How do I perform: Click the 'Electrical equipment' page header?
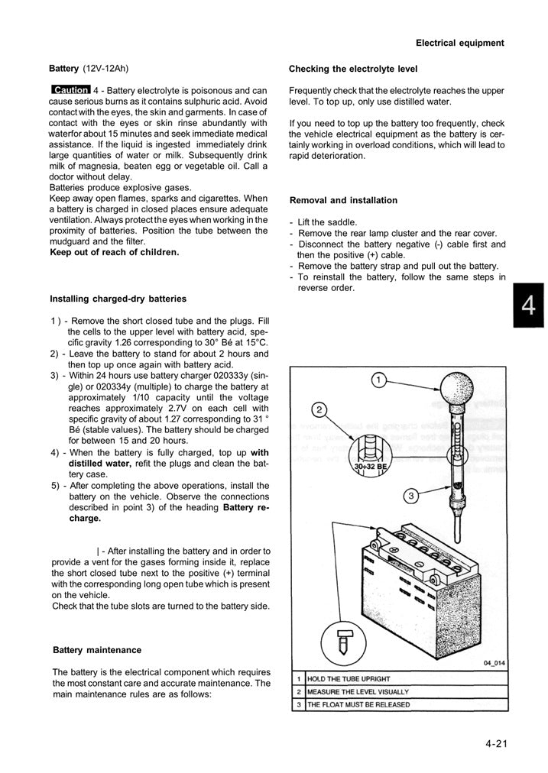point(459,43)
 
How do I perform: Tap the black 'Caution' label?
point(70,90)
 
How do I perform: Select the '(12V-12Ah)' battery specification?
point(108,68)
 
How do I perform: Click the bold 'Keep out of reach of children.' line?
point(114,252)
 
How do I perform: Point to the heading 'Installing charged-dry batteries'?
point(118,299)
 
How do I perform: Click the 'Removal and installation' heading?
point(343,200)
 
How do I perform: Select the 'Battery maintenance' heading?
point(97,650)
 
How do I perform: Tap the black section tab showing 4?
point(528,306)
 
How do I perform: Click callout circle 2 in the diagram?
point(320,409)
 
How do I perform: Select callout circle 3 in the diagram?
point(410,496)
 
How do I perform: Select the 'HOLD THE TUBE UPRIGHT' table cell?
point(348,678)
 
